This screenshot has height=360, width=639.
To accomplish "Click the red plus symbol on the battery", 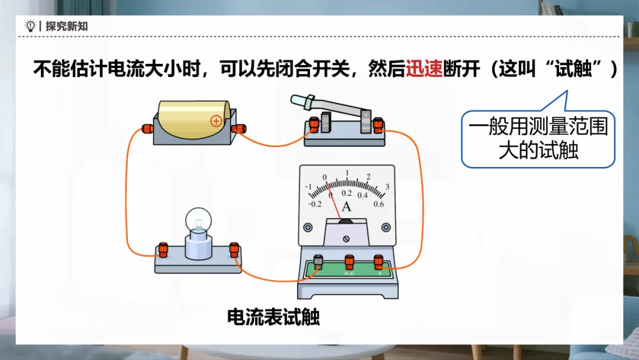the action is (x=216, y=121).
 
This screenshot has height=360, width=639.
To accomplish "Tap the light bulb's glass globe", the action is (x=198, y=221).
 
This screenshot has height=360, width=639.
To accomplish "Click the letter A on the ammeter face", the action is (x=346, y=207).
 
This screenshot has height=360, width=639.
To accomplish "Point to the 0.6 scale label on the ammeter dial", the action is (x=379, y=204).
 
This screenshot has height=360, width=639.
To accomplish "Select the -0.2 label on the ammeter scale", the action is (x=315, y=204).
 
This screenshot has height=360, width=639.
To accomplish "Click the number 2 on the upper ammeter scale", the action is (x=369, y=177).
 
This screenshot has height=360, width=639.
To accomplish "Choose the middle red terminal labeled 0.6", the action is (x=349, y=262).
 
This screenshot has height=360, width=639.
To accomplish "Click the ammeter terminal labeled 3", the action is (x=379, y=262).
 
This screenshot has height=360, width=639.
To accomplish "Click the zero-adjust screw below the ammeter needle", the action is (x=346, y=239).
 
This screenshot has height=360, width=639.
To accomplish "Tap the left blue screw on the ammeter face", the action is (x=308, y=227).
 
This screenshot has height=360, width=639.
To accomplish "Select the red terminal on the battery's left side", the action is (x=147, y=129).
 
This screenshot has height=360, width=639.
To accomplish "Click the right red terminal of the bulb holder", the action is (x=234, y=249).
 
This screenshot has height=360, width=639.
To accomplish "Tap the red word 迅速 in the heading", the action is (x=424, y=69).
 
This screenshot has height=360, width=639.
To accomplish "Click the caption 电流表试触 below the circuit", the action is (x=273, y=317).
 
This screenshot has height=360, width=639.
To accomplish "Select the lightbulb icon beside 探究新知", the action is (x=30, y=25).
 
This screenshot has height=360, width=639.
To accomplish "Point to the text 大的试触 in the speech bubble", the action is (x=538, y=150).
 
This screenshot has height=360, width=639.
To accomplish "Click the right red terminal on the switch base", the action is (x=378, y=125).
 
